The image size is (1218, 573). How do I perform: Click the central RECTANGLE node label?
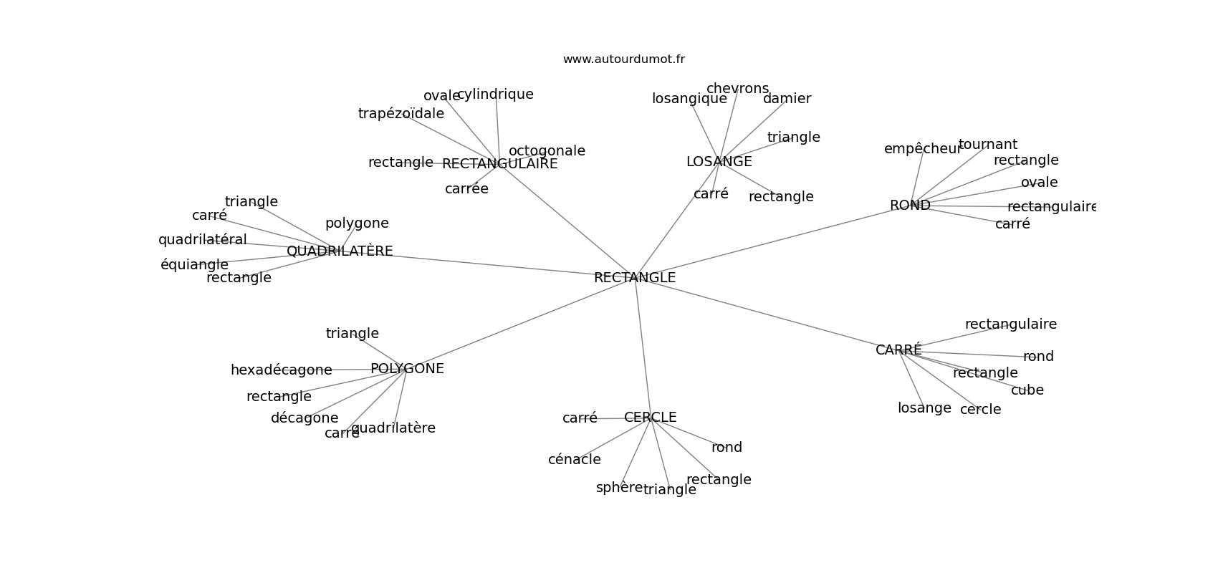point(635,278)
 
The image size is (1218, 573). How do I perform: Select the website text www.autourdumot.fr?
point(623,59)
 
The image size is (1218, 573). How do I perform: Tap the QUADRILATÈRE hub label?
point(340,251)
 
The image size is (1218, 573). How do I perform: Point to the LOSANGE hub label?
point(719,161)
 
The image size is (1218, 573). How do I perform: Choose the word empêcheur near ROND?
point(922,149)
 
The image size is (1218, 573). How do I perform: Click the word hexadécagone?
point(281,370)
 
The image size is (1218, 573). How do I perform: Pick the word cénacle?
point(574,460)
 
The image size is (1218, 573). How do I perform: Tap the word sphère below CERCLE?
point(619,488)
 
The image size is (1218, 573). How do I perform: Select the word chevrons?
point(737,89)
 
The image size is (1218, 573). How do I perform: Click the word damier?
point(787,98)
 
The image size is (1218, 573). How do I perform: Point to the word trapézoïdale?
point(401,114)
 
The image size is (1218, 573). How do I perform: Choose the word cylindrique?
point(495,95)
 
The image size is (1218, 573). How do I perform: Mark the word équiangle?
point(194,265)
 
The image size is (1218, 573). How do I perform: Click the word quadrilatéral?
point(202,240)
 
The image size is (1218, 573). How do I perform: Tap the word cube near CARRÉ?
point(1027,390)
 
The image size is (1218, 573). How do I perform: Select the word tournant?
point(987,145)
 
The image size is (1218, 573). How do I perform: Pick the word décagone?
point(304,418)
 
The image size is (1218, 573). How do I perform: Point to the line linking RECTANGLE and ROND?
point(772,241)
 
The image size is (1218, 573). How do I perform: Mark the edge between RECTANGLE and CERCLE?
point(643,348)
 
